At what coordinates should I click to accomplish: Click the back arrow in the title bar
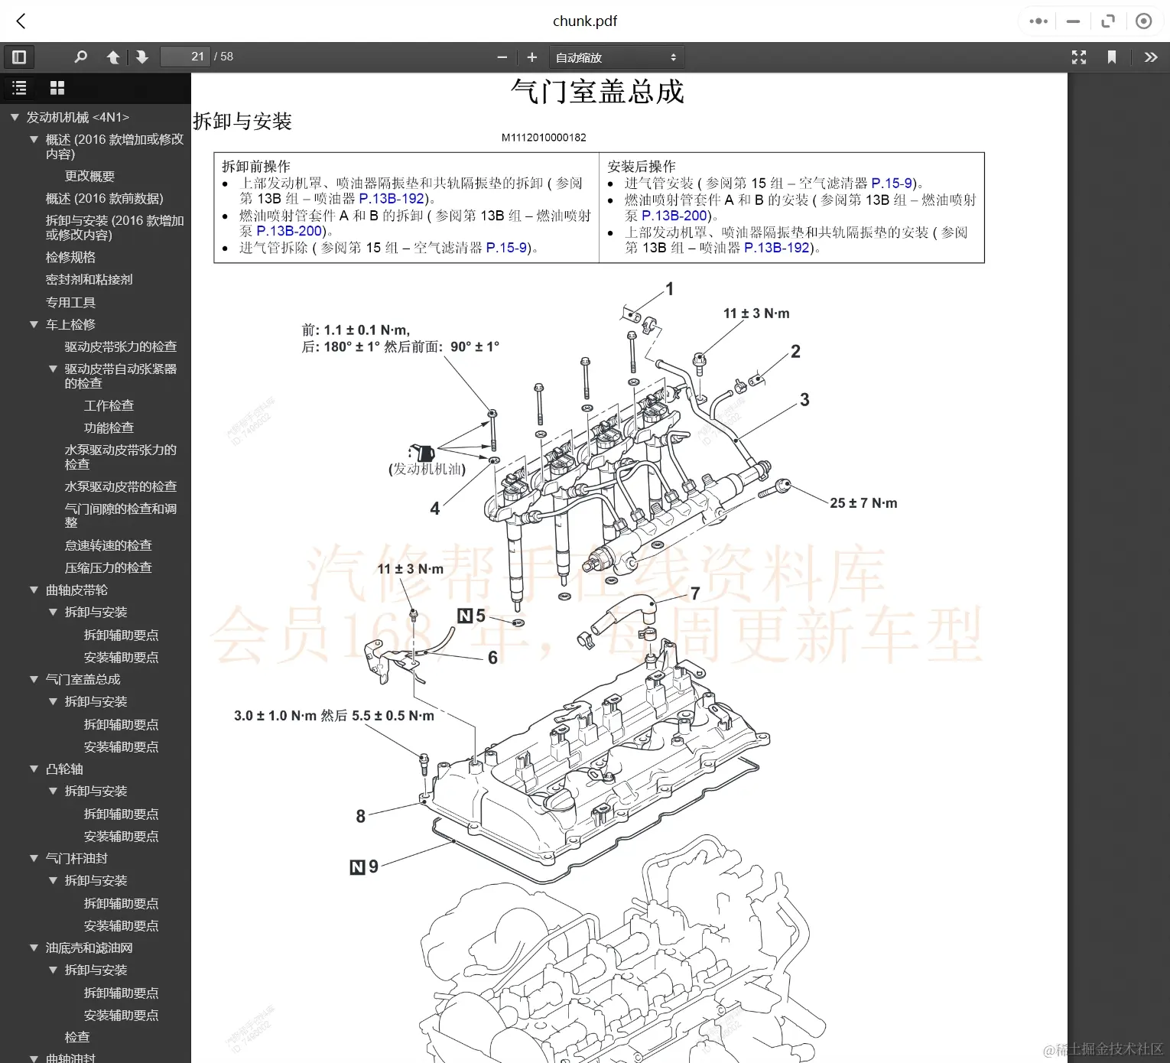coord(21,21)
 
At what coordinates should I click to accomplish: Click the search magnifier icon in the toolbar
coord(80,57)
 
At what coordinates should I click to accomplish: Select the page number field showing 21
coord(185,57)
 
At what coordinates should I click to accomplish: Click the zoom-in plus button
coord(532,57)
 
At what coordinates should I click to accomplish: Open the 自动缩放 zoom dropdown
coord(616,57)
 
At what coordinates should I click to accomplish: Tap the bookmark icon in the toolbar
coord(1112,57)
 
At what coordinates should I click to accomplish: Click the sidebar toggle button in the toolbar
coord(19,57)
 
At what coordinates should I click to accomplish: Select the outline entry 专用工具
coord(70,302)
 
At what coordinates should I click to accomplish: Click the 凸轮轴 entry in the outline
coord(64,769)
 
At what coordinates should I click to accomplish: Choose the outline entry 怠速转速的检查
coord(108,545)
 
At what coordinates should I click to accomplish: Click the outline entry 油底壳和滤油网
coord(89,948)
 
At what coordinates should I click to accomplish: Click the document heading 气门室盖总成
coord(597,92)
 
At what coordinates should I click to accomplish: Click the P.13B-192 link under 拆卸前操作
coord(392,199)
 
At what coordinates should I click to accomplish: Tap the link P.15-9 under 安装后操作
coord(892,184)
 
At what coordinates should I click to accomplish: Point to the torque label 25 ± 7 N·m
coord(863,503)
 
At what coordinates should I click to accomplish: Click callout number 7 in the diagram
coord(695,593)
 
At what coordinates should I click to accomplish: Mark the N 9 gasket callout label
coord(365,866)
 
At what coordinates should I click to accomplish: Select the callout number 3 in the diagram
coord(804,400)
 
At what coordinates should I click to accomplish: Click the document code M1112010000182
coord(544,138)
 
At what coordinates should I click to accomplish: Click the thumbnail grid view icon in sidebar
coord(57,88)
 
